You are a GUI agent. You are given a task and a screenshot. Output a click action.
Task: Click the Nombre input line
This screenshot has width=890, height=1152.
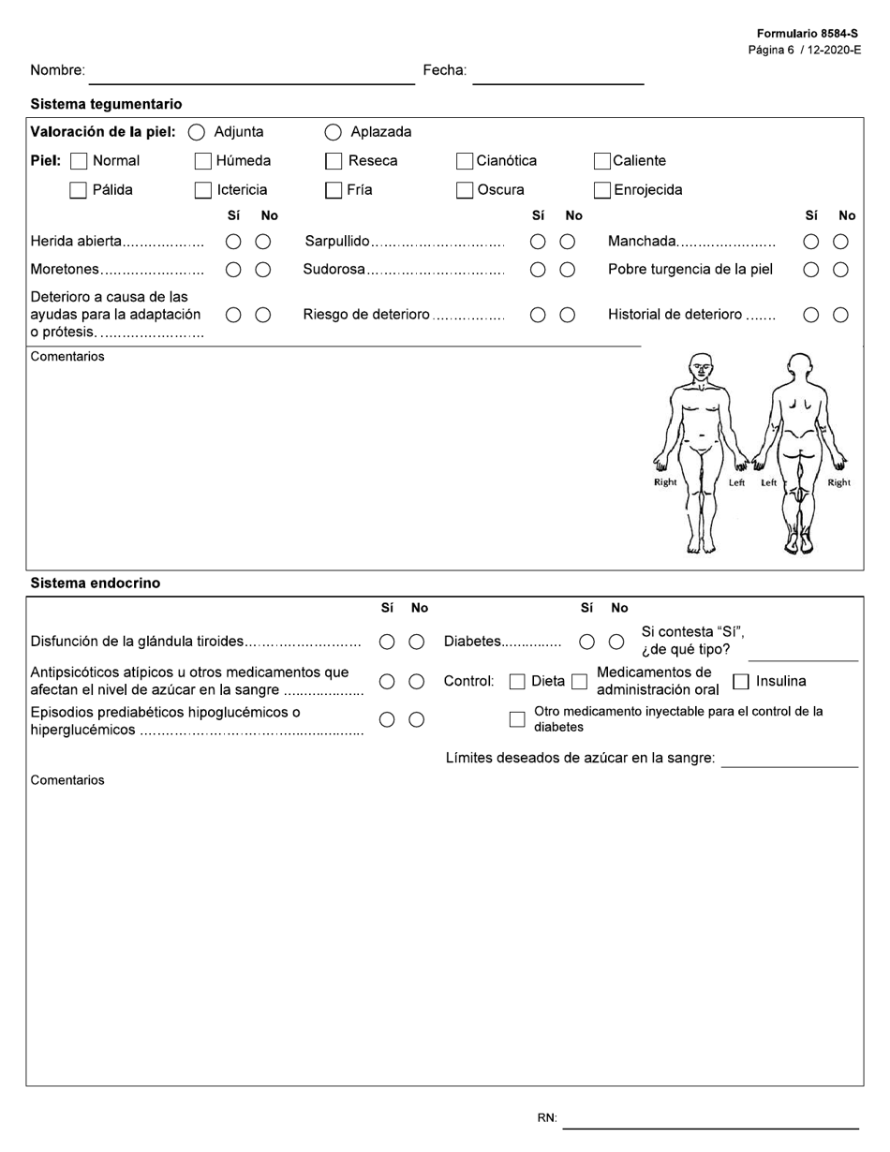pyautogui.click(x=251, y=75)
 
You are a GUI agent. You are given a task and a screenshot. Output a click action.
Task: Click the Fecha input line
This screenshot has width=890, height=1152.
pyautogui.click(x=557, y=75)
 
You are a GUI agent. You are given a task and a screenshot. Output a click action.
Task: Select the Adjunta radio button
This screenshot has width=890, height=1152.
pyautogui.click(x=197, y=133)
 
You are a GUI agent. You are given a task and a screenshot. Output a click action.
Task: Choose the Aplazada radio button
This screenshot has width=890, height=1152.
pyautogui.click(x=333, y=133)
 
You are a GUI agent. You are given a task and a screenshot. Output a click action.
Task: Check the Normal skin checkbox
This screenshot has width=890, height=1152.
pyautogui.click(x=80, y=161)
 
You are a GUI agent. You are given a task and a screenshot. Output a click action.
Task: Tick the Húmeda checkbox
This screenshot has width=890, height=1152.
pyautogui.click(x=203, y=161)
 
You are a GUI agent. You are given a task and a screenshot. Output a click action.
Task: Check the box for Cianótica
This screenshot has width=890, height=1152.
pyautogui.click(x=465, y=161)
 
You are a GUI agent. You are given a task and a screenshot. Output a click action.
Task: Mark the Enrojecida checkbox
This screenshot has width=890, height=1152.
pyautogui.click(x=602, y=190)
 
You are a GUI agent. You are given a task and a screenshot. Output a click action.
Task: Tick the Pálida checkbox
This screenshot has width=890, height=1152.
pyautogui.click(x=80, y=190)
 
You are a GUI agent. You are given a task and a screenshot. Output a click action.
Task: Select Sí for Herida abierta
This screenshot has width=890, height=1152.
pyautogui.click(x=233, y=242)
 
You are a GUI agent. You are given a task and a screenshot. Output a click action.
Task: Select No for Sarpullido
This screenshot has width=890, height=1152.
pyautogui.click(x=568, y=242)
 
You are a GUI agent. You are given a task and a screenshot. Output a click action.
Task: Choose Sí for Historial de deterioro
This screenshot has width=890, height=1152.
pyautogui.click(x=811, y=315)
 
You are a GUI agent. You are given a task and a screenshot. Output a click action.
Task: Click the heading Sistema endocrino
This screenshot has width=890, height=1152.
pyautogui.click(x=96, y=583)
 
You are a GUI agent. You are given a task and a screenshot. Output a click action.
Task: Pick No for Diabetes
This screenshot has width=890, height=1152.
pyautogui.click(x=616, y=642)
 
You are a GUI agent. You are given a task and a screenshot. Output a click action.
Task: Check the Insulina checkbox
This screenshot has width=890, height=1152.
pyautogui.click(x=741, y=682)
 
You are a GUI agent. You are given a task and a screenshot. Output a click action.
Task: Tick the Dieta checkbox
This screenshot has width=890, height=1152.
pyautogui.click(x=517, y=682)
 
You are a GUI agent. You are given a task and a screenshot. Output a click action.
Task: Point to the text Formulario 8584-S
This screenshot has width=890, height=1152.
pyautogui.click(x=808, y=34)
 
